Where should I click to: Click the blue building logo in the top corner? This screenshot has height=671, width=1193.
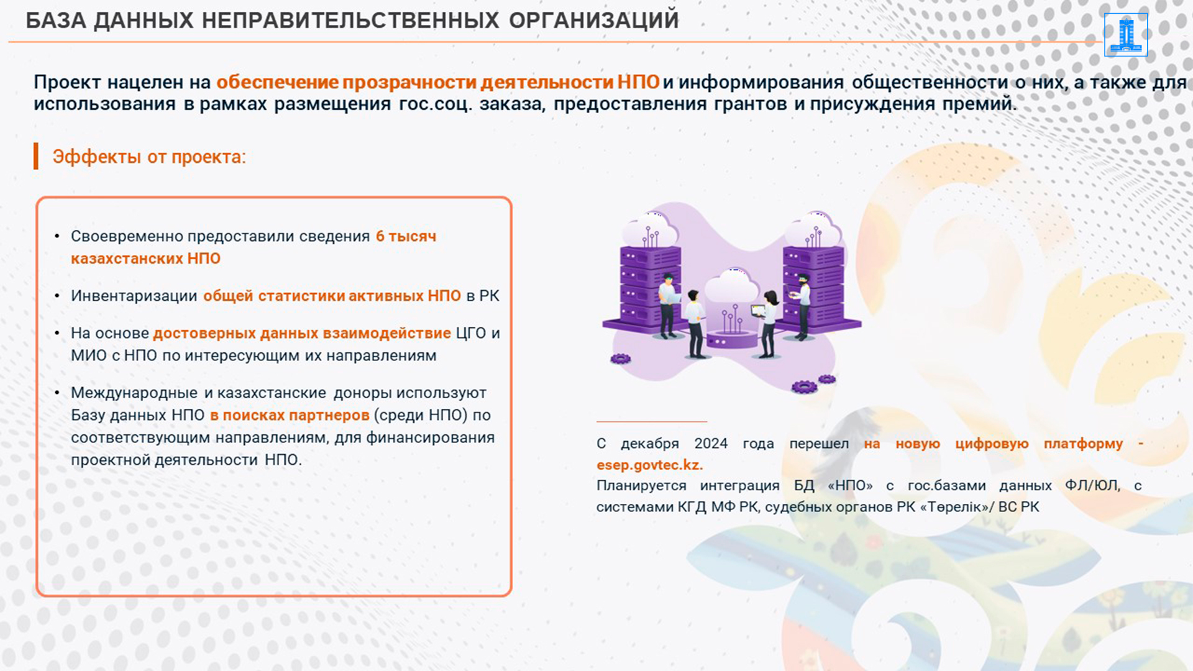(x=1126, y=35)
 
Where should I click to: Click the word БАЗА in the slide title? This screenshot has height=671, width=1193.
(x=56, y=21)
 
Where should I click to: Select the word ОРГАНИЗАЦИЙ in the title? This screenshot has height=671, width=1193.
(x=593, y=21)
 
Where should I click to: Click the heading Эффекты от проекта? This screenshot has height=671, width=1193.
(x=149, y=157)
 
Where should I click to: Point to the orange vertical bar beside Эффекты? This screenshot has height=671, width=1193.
(x=36, y=156)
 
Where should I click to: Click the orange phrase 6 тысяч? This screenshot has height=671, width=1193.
(x=406, y=236)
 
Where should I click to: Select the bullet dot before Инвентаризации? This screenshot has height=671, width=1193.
(x=57, y=296)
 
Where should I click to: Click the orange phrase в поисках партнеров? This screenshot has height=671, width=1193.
(x=290, y=415)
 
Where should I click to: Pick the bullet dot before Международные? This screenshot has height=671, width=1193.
(x=57, y=393)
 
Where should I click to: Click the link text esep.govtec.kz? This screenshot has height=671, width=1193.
(x=649, y=465)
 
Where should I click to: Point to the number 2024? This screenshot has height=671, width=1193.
(x=711, y=444)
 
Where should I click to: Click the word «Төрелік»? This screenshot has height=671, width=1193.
(x=956, y=507)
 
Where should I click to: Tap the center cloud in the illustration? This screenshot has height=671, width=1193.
(x=733, y=286)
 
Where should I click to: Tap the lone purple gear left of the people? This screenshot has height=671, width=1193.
(x=620, y=358)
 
